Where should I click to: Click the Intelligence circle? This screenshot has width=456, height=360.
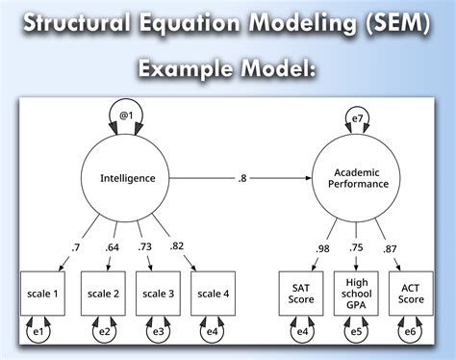click(135, 177)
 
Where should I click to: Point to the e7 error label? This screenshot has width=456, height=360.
click(357, 118)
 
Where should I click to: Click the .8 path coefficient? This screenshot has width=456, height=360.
click(243, 178)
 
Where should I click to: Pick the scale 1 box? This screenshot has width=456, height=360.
click(41, 294)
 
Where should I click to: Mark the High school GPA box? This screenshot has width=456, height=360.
click(357, 294)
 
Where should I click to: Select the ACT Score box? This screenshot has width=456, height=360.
click(412, 294)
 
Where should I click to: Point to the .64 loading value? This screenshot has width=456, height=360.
click(114, 248)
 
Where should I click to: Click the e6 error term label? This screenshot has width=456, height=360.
click(412, 333)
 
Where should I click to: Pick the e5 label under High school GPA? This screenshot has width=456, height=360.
click(357, 333)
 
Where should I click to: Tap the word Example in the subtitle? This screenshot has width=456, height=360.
click(183, 69)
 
